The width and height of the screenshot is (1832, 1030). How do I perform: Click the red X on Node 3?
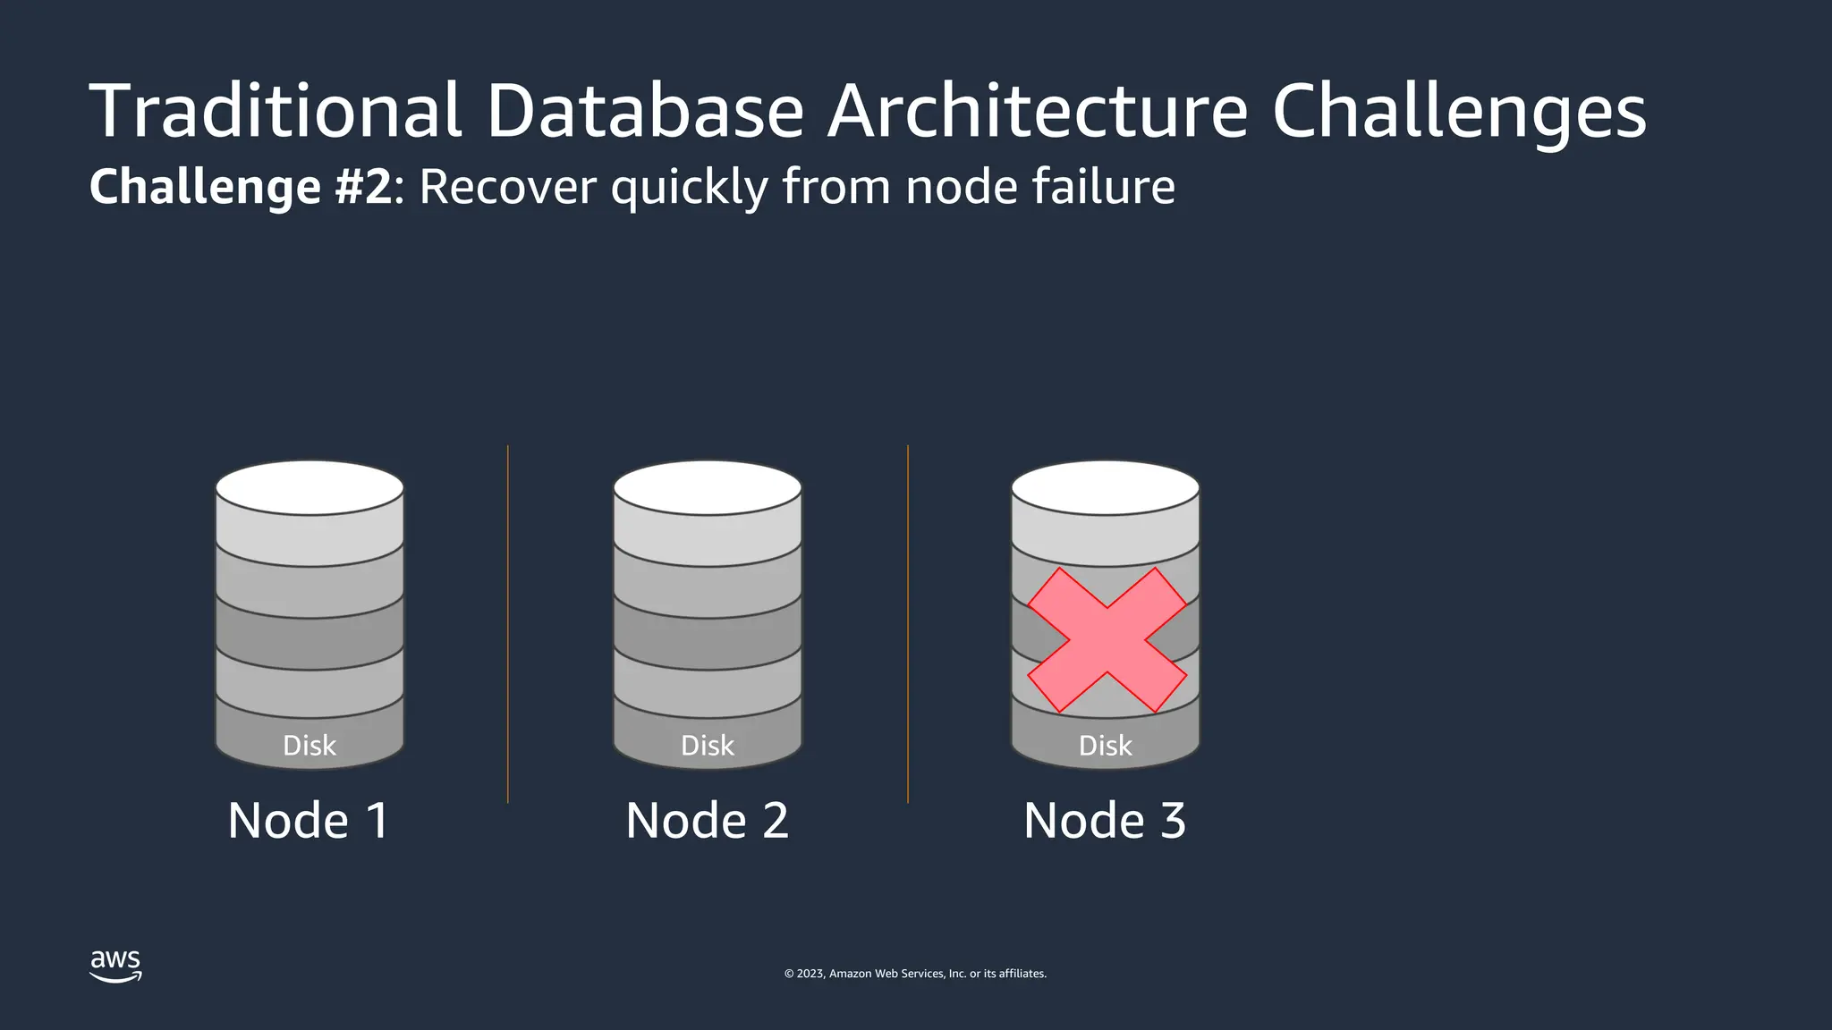click(x=1107, y=640)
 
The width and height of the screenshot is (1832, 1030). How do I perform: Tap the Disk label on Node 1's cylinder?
click(x=310, y=746)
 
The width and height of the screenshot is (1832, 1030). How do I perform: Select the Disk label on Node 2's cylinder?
click(x=708, y=746)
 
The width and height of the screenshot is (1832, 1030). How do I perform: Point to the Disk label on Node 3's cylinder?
click(x=1106, y=746)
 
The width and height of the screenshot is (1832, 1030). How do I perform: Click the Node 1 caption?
click(x=309, y=820)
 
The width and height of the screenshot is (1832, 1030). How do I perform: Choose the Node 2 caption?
click(x=707, y=820)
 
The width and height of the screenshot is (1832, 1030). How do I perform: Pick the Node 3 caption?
click(x=1105, y=820)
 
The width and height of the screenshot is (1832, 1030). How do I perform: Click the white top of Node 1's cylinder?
click(x=310, y=488)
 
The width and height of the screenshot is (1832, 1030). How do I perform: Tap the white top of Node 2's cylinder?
click(x=708, y=488)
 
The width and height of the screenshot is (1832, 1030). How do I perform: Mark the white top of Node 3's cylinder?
click(x=1106, y=488)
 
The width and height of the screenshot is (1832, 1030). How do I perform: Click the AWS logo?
click(x=115, y=966)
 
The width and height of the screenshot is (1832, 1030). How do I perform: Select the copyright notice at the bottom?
click(x=915, y=974)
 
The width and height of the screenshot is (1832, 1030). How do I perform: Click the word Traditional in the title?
click(x=276, y=111)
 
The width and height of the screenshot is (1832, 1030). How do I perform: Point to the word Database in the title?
click(x=645, y=111)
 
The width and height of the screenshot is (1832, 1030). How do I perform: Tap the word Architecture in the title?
click(x=1037, y=111)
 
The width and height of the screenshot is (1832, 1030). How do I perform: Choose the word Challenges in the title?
click(x=1459, y=113)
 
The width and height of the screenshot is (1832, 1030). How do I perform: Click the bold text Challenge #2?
click(x=241, y=187)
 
